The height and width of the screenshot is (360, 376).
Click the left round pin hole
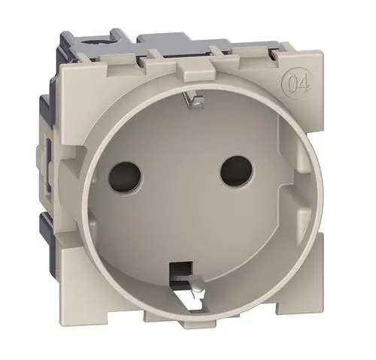pyautogui.click(x=124, y=177)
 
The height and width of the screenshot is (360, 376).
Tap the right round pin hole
pyautogui.click(x=235, y=172)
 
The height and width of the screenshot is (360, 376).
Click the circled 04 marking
pyautogui.click(x=298, y=86)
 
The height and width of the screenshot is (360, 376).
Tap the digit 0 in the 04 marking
pyautogui.click(x=292, y=86)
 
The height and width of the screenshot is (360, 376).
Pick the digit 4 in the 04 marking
pyautogui.click(x=303, y=86)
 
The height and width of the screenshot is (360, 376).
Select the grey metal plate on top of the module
pyautogui.click(x=183, y=44)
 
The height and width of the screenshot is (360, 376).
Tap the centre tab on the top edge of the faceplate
pyautogui.click(x=195, y=69)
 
